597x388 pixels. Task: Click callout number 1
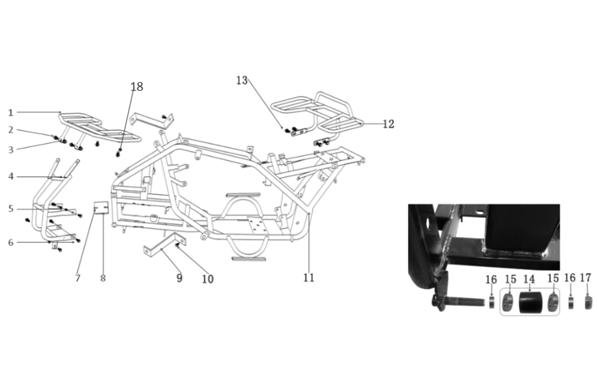[x=10, y=113]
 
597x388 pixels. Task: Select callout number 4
[x=10, y=176]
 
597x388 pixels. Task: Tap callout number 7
[x=78, y=279]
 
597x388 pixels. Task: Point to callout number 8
[x=103, y=279]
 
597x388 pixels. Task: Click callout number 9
[x=179, y=278]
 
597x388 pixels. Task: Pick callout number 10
[x=207, y=279]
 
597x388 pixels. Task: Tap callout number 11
[x=309, y=278]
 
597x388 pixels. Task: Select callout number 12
[x=388, y=124]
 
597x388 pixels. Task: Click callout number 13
[x=242, y=80]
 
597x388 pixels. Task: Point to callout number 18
[x=137, y=87]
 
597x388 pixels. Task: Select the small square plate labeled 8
[x=101, y=207]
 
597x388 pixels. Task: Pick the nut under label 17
[x=587, y=302]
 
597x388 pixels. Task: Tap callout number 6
[x=10, y=242]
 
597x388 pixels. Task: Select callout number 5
[x=10, y=209]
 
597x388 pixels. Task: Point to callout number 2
[x=10, y=130]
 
